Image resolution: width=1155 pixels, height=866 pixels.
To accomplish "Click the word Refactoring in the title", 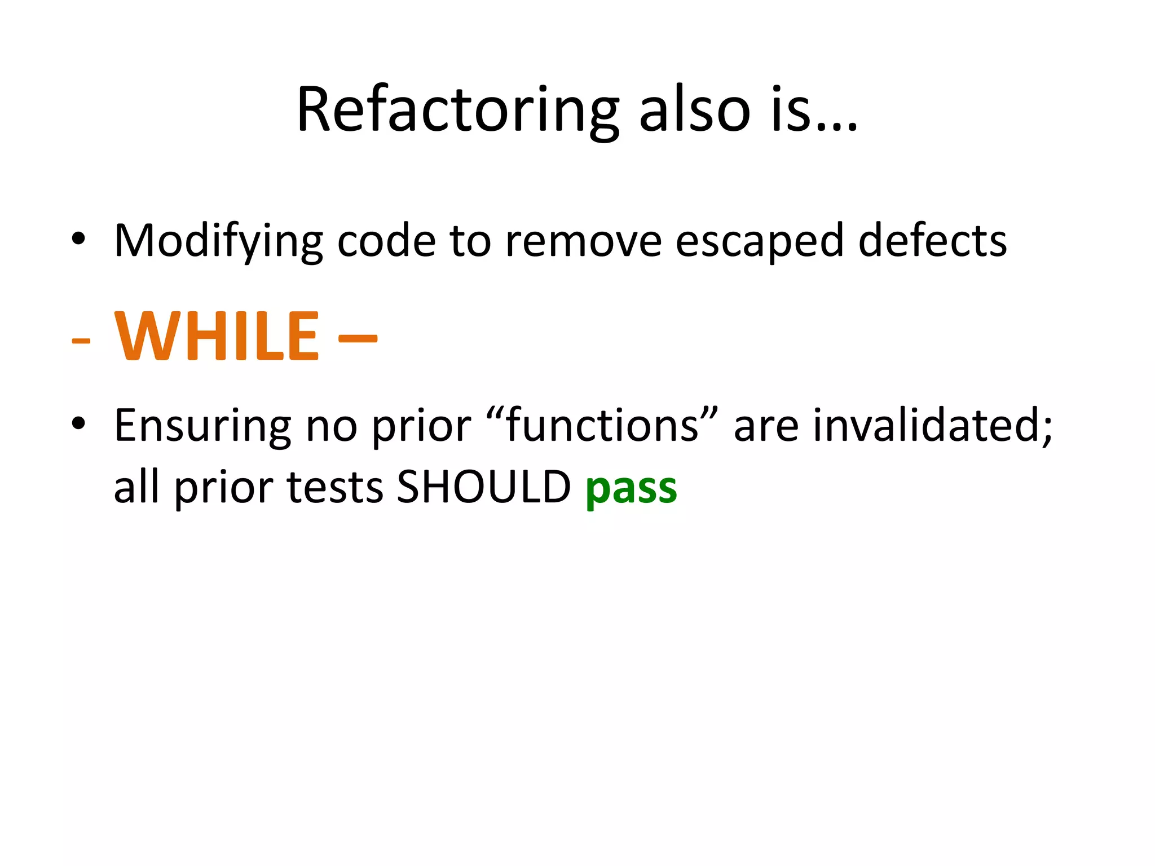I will pos(457,111).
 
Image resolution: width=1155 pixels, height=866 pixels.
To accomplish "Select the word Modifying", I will pos(218,241).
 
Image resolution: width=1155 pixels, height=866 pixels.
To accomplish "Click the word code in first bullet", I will pos(386,241).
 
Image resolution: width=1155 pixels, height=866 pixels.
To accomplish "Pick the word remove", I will pos(583,241).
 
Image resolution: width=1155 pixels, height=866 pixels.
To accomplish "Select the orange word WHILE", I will pos(217,337).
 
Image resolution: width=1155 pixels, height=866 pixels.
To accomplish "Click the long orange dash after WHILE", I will pos(358,338).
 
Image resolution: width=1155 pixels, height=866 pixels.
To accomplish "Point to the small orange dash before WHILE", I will pos(81,341).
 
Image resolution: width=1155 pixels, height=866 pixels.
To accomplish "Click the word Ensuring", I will pos(202,426).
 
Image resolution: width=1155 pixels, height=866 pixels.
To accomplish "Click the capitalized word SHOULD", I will pos(484,487).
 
